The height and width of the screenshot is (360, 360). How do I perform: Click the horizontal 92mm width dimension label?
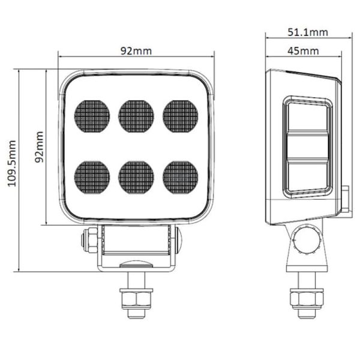pyautogui.click(x=136, y=50)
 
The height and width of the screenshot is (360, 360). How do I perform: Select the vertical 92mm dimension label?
pyautogui.click(x=39, y=147)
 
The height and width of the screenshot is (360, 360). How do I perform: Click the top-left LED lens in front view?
pyautogui.click(x=92, y=116)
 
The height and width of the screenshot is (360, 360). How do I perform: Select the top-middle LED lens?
pyautogui.click(x=136, y=116)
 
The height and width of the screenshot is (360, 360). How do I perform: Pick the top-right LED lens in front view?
pyautogui.click(x=181, y=116)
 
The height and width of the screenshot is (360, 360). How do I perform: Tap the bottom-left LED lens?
pyautogui.click(x=92, y=177)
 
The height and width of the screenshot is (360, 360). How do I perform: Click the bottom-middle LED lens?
pyautogui.click(x=136, y=177)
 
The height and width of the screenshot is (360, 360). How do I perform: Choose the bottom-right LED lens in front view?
pyautogui.click(x=181, y=177)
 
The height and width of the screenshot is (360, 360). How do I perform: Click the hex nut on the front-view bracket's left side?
pyautogui.click(x=88, y=240)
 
